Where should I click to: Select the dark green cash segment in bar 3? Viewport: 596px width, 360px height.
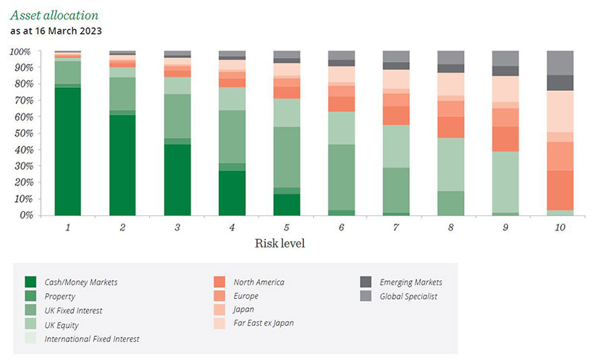177,180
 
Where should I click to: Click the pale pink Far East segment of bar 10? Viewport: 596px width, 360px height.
560,111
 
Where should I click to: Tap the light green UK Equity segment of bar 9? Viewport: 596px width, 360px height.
505,182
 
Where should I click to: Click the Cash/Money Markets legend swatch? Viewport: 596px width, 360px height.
31,282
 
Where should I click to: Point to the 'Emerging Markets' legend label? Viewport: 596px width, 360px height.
410,282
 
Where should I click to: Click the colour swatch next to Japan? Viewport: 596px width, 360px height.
219,310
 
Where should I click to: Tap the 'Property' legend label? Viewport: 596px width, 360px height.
62,296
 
